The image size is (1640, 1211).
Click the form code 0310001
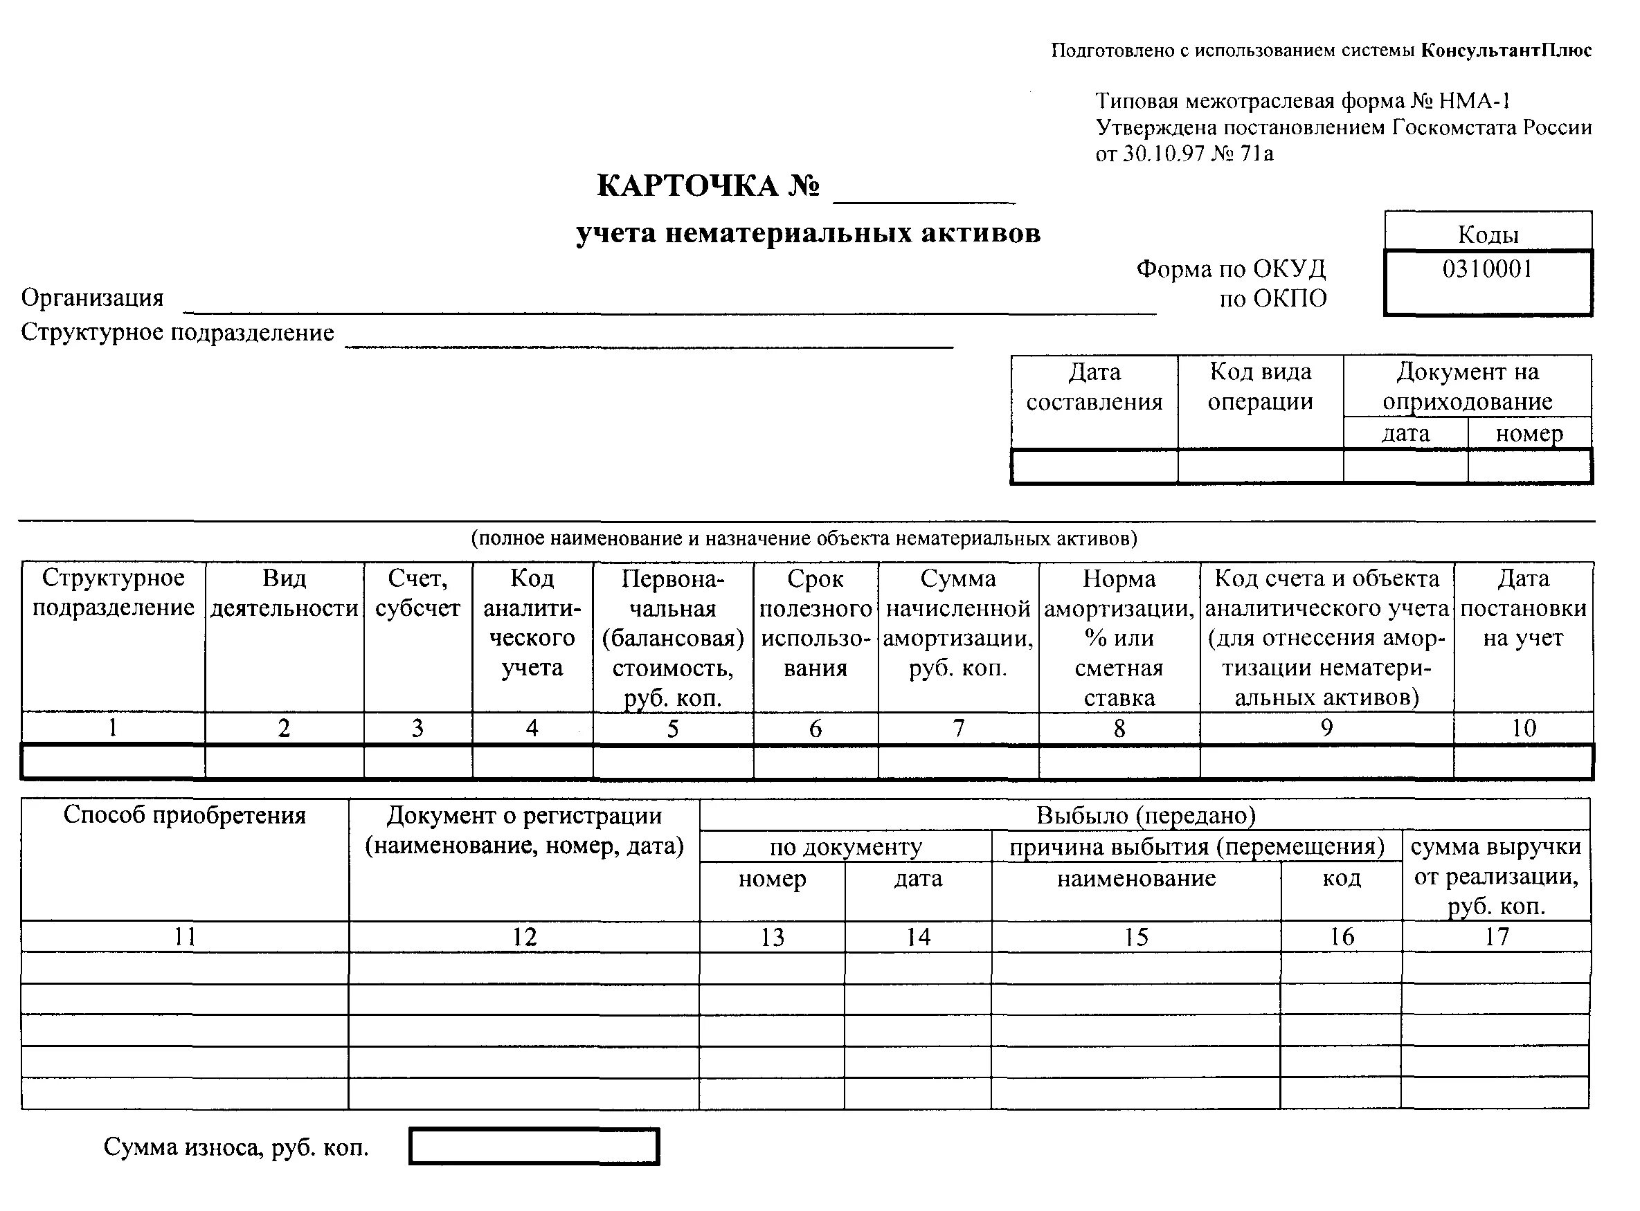coord(1487,269)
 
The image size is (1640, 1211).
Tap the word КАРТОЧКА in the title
coord(687,186)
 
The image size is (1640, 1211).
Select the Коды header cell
coord(1488,234)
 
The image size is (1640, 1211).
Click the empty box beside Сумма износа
coord(534,1147)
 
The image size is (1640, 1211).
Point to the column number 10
coord(1524,728)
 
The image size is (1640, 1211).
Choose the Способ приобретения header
coord(185,815)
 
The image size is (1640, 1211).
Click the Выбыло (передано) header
coord(1145,815)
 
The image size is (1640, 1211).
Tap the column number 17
coord(1496,936)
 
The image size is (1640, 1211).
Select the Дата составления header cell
coord(1094,387)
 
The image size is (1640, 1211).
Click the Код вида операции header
coord(1260,387)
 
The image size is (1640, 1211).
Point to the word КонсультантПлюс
coord(1506,51)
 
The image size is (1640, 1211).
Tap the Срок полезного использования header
coord(816,623)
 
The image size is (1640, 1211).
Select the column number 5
coord(672,728)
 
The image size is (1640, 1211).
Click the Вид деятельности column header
coord(284,594)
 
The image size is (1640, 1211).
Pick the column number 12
coord(524,936)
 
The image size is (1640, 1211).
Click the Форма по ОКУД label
coord(1231,269)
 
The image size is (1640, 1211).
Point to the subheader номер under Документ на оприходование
coord(1529,434)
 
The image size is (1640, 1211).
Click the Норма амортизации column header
coord(1119,638)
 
